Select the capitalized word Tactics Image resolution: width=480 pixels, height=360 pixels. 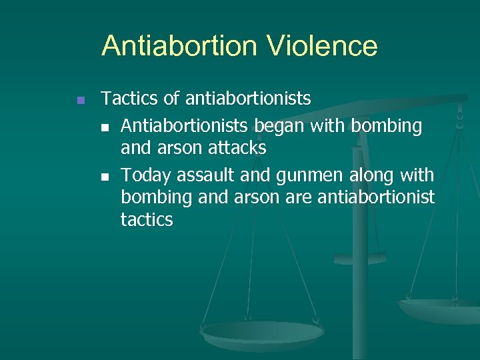tap(129, 99)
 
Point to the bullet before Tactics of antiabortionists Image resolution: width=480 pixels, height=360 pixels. tap(80, 100)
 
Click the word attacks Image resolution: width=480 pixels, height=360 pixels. tap(236, 148)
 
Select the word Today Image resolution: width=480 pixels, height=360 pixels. tap(146, 175)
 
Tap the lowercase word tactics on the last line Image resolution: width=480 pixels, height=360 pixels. tap(147, 219)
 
